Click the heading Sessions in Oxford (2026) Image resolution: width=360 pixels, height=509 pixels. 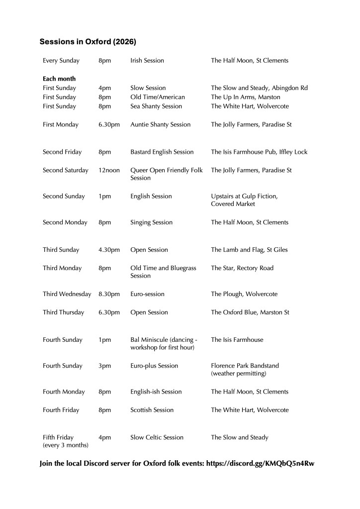click(88, 42)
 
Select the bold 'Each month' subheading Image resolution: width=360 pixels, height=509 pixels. click(59, 79)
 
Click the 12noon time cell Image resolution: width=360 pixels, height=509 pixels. click(109, 170)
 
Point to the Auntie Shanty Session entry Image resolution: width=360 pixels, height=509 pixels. click(160, 124)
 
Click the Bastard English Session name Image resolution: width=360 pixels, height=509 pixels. click(162, 152)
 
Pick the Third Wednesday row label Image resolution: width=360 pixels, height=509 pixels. click(67, 294)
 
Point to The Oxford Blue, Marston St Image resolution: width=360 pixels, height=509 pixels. click(250, 312)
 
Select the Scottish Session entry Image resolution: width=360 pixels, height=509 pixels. click(152, 410)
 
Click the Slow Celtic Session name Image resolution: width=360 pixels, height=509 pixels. click(157, 437)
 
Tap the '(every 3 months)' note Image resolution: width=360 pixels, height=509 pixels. click(66, 445)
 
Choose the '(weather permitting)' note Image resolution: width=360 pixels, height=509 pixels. click(239, 373)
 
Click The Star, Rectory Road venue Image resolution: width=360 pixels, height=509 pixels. click(242, 268)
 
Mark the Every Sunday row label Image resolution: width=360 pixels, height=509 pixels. click(61, 61)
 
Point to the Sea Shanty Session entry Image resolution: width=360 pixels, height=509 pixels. click(156, 106)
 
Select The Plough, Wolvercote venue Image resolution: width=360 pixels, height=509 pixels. click(244, 294)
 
